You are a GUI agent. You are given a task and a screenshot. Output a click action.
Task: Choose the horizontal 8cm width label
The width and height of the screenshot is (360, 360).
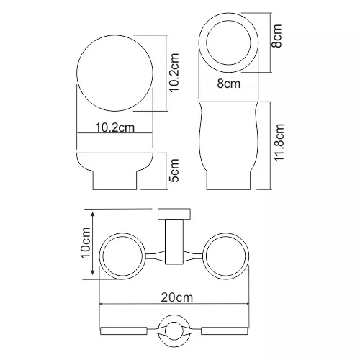(229, 84)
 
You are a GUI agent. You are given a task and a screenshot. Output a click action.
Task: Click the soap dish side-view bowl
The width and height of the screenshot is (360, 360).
(115, 162)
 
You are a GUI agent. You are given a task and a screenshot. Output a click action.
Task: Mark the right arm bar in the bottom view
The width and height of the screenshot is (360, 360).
(225, 330)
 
